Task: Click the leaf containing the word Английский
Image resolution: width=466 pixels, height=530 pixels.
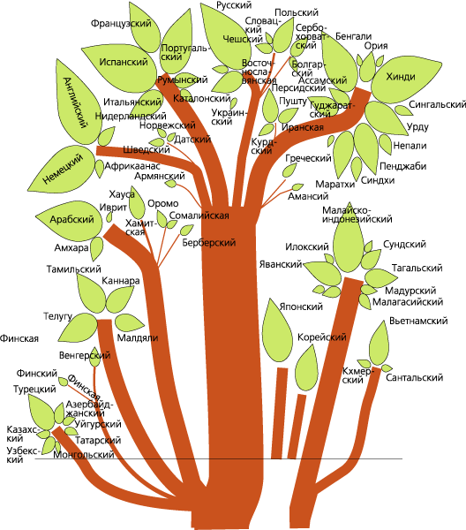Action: pos(77,102)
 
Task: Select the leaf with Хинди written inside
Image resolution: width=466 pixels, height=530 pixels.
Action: pos(405,79)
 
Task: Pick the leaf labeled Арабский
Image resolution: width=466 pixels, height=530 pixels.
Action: pos(70,220)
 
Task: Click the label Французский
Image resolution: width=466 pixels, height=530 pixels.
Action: pos(121,24)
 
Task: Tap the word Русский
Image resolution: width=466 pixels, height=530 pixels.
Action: pos(234,5)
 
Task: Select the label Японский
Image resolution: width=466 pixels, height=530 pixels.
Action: pos(301,307)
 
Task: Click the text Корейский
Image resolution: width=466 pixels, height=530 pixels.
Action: pos(322,337)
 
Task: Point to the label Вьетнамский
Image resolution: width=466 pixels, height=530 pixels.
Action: pos(418,321)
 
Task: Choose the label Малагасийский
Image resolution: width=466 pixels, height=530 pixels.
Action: pos(408,301)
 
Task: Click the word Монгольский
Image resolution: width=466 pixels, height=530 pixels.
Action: pos(84,455)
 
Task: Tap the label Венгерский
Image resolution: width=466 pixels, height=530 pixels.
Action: pos(85,355)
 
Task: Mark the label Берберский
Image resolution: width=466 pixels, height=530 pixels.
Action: pos(208,242)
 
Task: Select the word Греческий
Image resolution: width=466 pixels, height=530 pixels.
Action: pos(308,158)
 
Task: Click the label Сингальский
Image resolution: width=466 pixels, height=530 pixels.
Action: pos(437,104)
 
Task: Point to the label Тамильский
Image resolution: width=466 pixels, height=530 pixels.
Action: pos(73,269)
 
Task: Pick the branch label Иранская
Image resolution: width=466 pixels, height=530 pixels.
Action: pos(302,127)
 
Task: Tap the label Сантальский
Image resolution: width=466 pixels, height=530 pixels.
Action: pos(414,377)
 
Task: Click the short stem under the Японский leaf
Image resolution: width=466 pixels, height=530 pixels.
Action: pos(279,413)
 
